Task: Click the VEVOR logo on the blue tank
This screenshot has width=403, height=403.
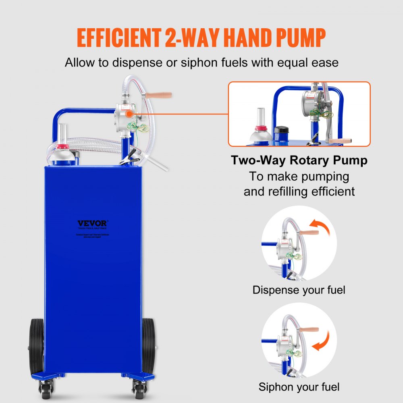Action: pyautogui.click(x=93, y=223)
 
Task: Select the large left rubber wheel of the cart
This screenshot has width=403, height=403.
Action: pyautogui.click(x=37, y=347)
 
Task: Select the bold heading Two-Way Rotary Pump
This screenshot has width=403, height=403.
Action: pyautogui.click(x=299, y=160)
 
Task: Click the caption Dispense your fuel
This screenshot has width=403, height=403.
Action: pyautogui.click(x=299, y=290)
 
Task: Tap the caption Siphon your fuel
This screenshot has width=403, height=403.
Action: pyautogui.click(x=299, y=387)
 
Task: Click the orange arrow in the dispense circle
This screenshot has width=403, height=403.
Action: pyautogui.click(x=320, y=226)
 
